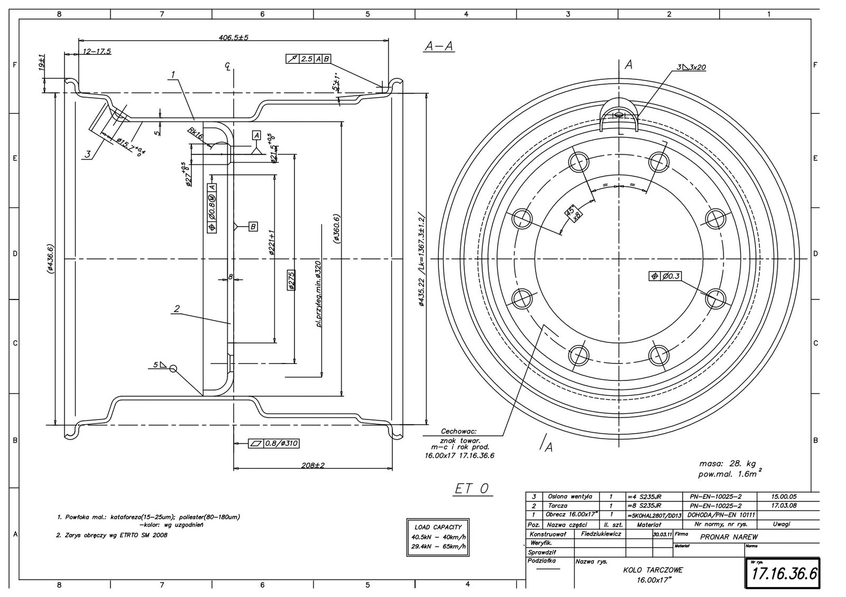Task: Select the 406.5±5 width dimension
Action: (233, 38)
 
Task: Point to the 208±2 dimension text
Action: (313, 465)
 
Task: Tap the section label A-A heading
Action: (439, 47)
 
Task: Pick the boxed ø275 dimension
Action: (291, 280)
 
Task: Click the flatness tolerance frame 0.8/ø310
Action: (273, 444)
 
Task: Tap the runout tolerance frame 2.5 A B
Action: (308, 59)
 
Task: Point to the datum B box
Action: (253, 227)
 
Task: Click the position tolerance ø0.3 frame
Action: (665, 276)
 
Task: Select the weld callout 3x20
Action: (691, 68)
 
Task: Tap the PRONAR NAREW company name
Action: (729, 537)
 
